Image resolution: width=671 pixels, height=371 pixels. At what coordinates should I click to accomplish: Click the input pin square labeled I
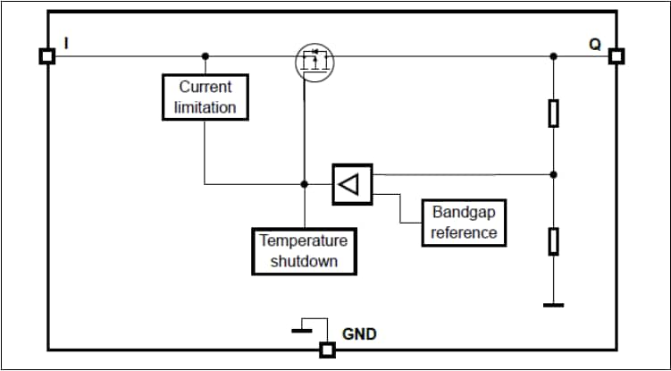pyautogui.click(x=47, y=56)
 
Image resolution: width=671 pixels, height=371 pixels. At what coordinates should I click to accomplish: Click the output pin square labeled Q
pyautogui.click(x=616, y=56)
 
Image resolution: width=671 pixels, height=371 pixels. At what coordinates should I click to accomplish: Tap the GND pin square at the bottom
pyautogui.click(x=328, y=350)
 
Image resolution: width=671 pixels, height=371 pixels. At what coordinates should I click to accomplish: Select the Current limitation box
pyautogui.click(x=205, y=97)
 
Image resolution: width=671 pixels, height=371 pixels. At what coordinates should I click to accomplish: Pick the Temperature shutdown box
pyautogui.click(x=304, y=250)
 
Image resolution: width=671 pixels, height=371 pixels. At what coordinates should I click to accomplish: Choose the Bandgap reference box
pyautogui.click(x=464, y=223)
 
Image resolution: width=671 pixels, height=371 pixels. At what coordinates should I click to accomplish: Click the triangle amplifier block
pyautogui.click(x=351, y=185)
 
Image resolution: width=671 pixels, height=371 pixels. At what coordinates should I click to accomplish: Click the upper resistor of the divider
pyautogui.click(x=554, y=113)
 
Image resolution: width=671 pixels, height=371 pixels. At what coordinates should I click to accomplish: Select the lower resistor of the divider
pyautogui.click(x=554, y=240)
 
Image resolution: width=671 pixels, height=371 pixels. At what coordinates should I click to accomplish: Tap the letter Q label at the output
pyautogui.click(x=595, y=44)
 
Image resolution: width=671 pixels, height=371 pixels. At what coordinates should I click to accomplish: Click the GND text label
pyautogui.click(x=359, y=334)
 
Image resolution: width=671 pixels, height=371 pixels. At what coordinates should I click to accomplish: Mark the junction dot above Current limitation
pyautogui.click(x=205, y=56)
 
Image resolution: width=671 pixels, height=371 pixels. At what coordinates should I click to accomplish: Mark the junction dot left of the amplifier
pyautogui.click(x=304, y=184)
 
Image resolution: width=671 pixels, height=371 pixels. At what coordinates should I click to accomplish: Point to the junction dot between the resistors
pyautogui.click(x=554, y=174)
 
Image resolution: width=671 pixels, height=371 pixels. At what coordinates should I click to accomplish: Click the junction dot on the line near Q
pyautogui.click(x=554, y=56)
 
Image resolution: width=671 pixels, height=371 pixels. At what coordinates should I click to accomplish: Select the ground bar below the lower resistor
pyautogui.click(x=554, y=305)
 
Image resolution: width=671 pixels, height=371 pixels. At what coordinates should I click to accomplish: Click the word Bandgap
pyautogui.click(x=464, y=213)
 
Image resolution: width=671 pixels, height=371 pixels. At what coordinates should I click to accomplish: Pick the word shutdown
pyautogui.click(x=304, y=261)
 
